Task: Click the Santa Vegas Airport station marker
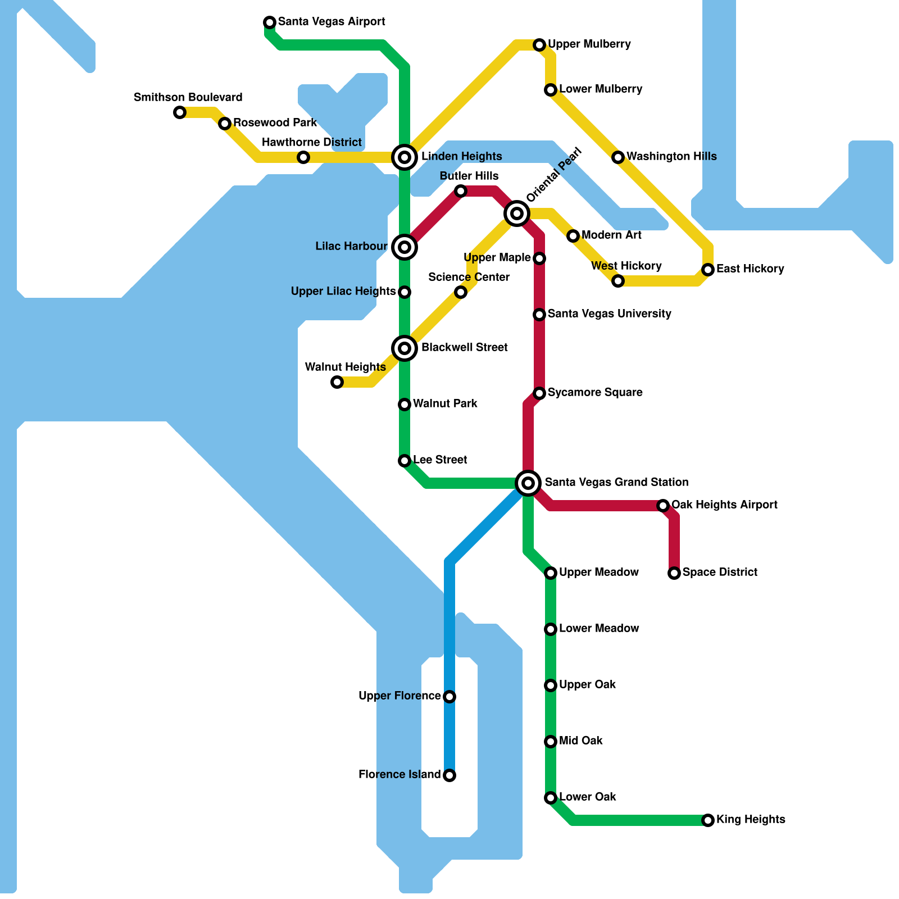tap(270, 22)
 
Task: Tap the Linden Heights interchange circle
tap(405, 157)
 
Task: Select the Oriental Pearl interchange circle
tap(517, 214)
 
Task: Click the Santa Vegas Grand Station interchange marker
tap(528, 483)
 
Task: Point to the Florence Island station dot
tap(449, 775)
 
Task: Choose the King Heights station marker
tap(708, 820)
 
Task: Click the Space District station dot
tap(674, 573)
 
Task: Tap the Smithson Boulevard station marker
tap(180, 112)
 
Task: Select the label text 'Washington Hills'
tap(671, 156)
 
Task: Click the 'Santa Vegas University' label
tap(609, 314)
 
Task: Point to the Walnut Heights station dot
tap(337, 382)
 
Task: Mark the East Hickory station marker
tap(708, 270)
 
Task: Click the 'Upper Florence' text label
tap(399, 696)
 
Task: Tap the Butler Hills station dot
tap(461, 191)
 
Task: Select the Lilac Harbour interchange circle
tap(405, 247)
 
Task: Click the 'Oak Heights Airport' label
tap(724, 505)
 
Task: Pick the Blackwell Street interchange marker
tap(405, 348)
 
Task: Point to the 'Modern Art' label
tap(611, 235)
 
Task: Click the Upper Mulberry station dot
tap(539, 45)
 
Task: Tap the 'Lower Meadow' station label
tap(599, 628)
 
